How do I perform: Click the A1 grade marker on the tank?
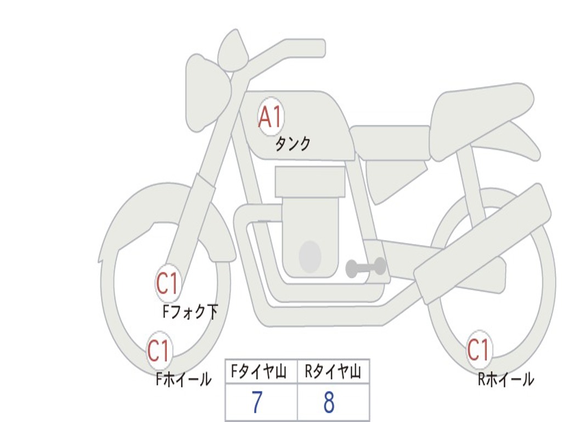[271, 116]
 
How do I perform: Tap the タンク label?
[293, 144]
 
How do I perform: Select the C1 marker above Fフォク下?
[167, 284]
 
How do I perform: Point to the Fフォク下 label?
[190, 312]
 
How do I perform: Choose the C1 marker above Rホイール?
[479, 349]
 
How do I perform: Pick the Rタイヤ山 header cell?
[333, 372]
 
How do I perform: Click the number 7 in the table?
[257, 403]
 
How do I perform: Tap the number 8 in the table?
[329, 403]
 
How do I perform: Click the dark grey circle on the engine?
[310, 257]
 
